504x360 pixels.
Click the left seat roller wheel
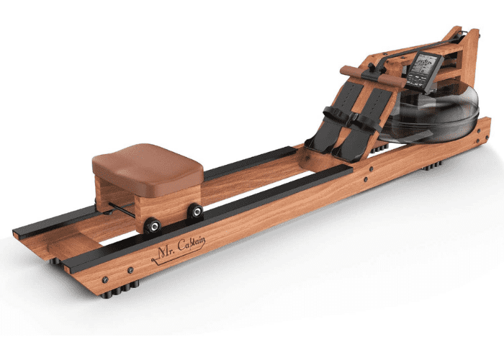[153, 225]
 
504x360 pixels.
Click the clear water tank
[432, 115]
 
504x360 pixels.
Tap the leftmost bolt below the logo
[106, 279]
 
